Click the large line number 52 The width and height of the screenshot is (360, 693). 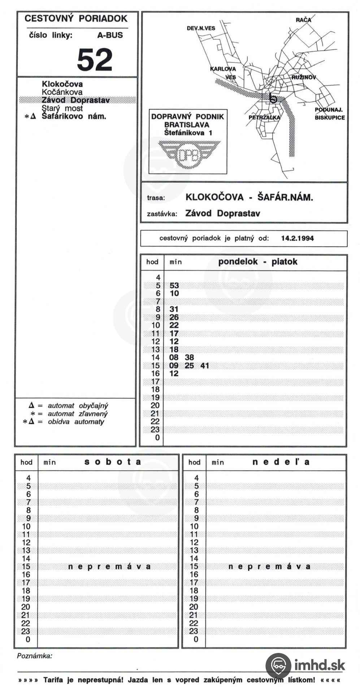[x=95, y=60]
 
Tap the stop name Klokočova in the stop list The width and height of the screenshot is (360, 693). [x=62, y=84]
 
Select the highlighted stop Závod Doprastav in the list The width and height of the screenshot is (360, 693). [x=75, y=100]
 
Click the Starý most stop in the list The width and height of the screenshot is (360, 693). [x=62, y=108]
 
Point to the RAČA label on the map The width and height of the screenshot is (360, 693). [x=303, y=20]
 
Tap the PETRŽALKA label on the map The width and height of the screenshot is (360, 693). [x=264, y=117]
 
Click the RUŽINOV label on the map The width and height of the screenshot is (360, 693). [x=304, y=77]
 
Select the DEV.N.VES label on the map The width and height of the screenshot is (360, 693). [x=201, y=28]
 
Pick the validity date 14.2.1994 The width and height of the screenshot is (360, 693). [x=297, y=238]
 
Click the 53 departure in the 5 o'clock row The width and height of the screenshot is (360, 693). [x=174, y=286]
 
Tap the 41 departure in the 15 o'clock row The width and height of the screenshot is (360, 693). [x=205, y=366]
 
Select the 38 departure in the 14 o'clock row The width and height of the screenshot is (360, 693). [x=189, y=357]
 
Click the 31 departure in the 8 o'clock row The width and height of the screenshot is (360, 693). [x=174, y=309]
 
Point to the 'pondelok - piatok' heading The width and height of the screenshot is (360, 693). [x=257, y=262]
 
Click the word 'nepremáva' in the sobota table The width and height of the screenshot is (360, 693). [x=109, y=566]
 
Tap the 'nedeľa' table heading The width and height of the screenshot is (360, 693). [x=281, y=462]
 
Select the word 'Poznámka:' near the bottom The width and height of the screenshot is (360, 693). [x=34, y=656]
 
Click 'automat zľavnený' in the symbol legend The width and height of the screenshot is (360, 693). [x=78, y=414]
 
